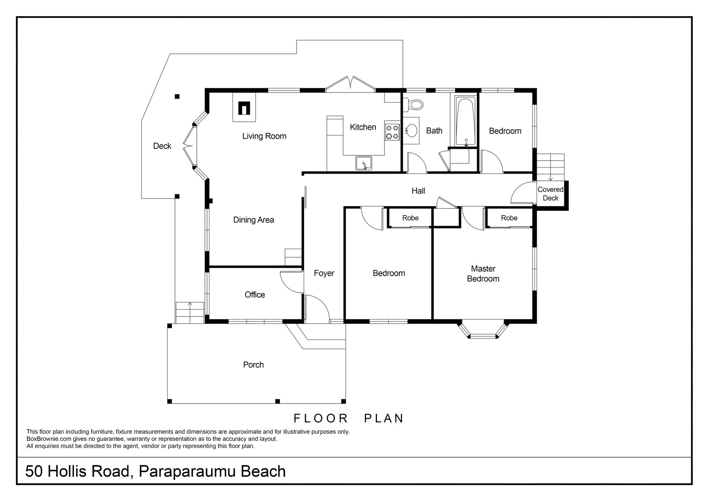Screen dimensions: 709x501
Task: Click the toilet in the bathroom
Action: tap(413, 104)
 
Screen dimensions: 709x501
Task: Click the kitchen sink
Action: tap(364, 163)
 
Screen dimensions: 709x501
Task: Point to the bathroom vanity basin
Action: tap(411, 130)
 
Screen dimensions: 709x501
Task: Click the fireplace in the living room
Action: tap(244, 108)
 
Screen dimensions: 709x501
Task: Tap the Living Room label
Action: tap(264, 136)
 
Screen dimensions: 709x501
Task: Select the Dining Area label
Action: tap(254, 220)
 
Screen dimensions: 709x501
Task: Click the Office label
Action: tap(255, 295)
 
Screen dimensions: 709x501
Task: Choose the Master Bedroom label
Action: tap(483, 274)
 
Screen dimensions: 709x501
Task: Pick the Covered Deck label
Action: tap(551, 194)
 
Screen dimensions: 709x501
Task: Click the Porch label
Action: tap(253, 365)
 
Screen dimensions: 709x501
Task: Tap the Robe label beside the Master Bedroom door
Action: tap(509, 218)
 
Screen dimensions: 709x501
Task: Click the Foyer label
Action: tap(324, 273)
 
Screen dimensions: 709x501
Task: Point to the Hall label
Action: tap(418, 191)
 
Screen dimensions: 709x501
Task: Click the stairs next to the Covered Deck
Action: tap(551, 167)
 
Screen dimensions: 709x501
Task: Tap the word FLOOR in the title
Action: tap(321, 418)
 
